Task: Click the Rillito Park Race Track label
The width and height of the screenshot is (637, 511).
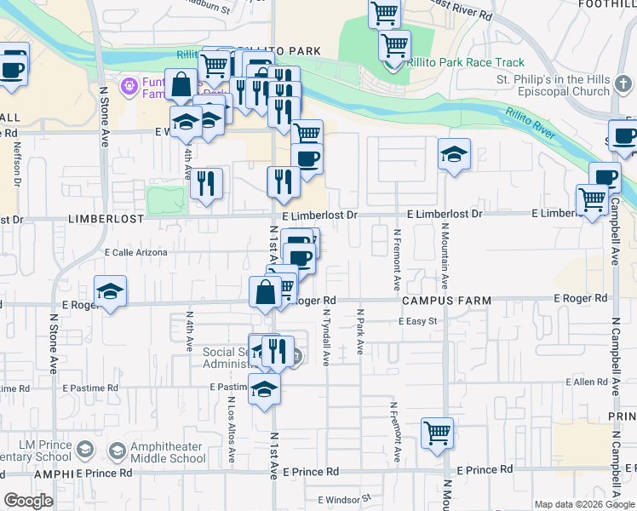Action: [x=465, y=63]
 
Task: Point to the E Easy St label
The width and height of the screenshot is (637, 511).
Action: [x=418, y=321]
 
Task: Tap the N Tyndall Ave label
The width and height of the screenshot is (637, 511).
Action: [x=325, y=337]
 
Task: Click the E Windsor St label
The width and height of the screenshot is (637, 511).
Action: [x=345, y=499]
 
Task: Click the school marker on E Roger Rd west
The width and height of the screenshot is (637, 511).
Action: [x=111, y=291]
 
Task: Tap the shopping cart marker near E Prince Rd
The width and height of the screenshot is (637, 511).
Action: [x=438, y=433]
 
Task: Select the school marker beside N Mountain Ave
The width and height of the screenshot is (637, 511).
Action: [x=455, y=154]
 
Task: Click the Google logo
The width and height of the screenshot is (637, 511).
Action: [x=29, y=501]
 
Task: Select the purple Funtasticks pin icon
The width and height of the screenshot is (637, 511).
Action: [x=129, y=85]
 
